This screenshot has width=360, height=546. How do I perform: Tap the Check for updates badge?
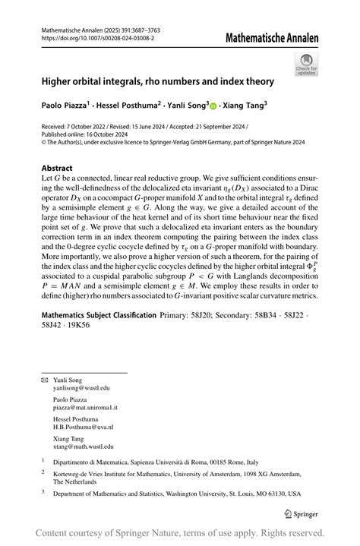pos(307,63)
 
